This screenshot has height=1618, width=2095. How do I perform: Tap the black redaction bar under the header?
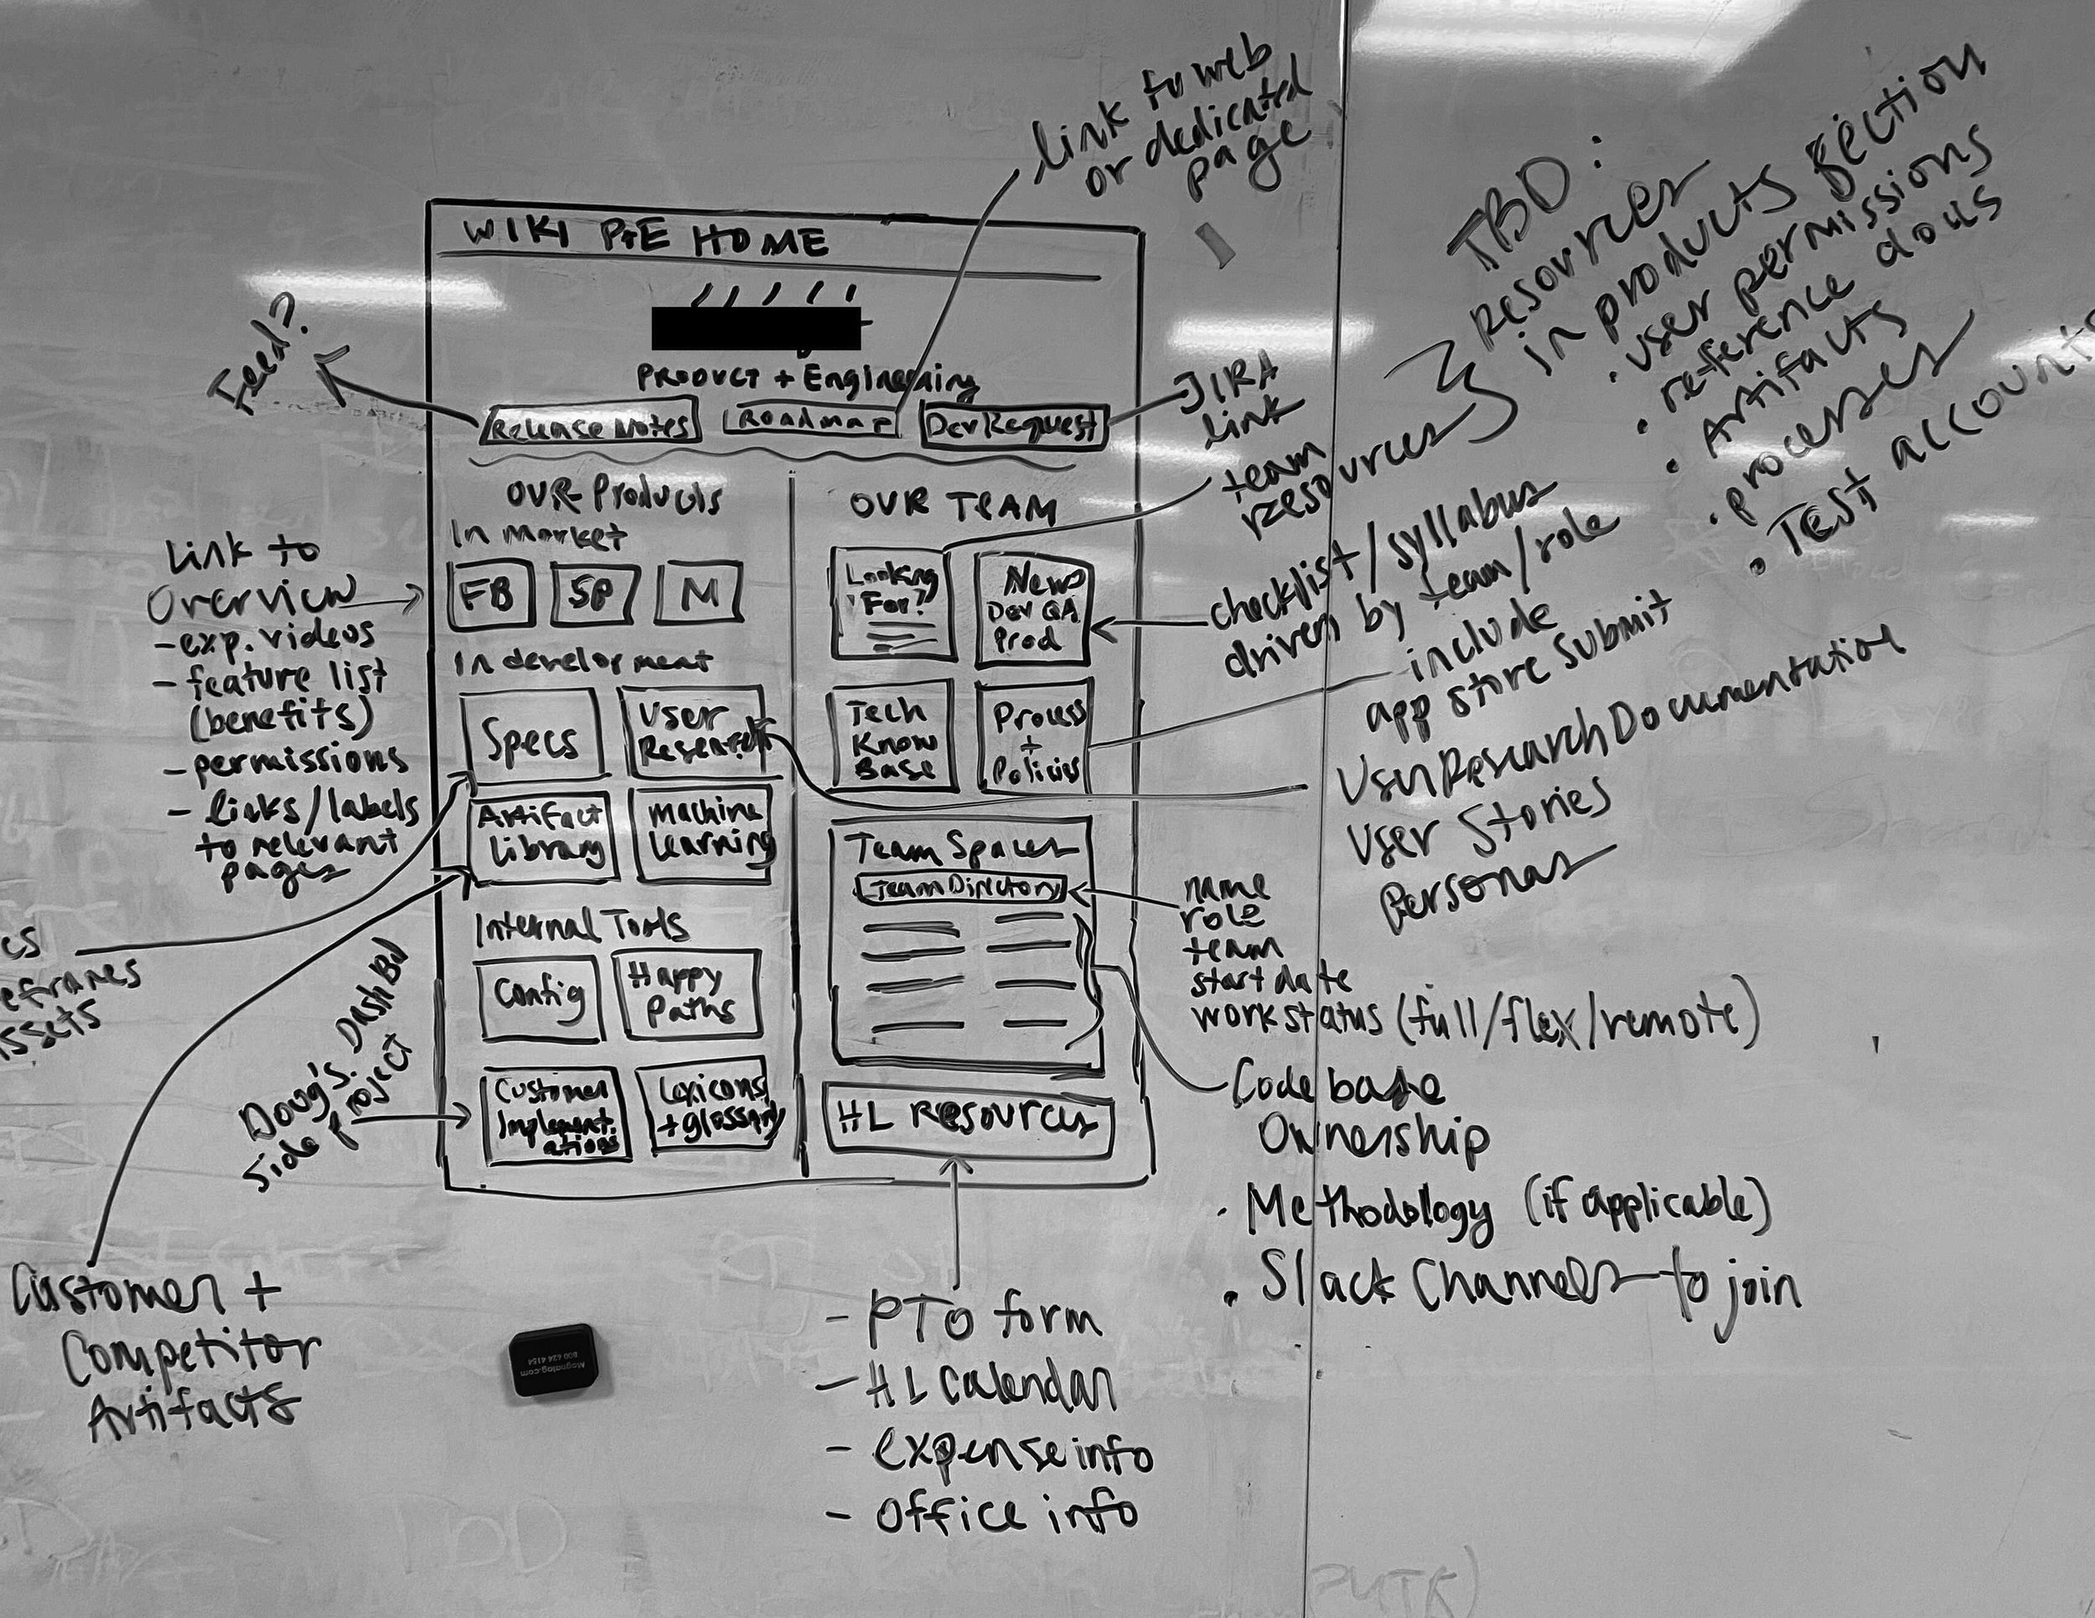click(756, 328)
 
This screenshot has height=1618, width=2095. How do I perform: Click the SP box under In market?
click(595, 594)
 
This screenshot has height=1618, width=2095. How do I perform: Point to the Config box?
click(538, 998)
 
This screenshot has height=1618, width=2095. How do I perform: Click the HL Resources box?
click(969, 1121)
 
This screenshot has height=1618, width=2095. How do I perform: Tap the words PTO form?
click(983, 1321)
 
